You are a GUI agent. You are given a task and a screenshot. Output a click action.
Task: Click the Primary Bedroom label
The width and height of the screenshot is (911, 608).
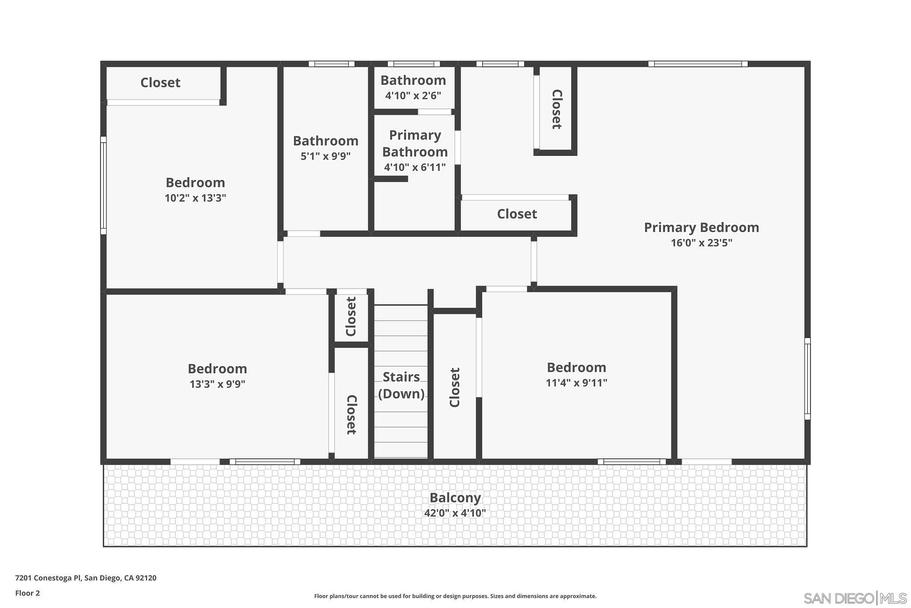[701, 228]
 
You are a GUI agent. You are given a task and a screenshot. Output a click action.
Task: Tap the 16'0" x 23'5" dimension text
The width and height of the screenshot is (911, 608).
[701, 243]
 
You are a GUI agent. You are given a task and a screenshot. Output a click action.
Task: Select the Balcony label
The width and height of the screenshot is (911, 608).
[455, 498]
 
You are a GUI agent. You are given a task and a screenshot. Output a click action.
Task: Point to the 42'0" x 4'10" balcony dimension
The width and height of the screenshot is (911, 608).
[455, 513]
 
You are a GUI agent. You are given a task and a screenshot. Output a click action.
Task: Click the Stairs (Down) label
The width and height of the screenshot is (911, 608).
[401, 385]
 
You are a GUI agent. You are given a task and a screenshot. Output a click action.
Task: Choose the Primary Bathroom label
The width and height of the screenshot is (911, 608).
[415, 143]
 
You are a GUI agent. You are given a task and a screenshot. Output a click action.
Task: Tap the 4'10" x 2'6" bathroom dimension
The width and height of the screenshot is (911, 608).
[413, 95]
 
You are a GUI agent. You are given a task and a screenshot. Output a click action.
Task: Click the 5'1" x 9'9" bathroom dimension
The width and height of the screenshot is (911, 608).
[326, 156]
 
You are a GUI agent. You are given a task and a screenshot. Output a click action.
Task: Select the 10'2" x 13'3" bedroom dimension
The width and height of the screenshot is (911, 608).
[195, 198]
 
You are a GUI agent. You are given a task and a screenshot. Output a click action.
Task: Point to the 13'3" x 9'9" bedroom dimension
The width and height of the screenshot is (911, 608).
[218, 384]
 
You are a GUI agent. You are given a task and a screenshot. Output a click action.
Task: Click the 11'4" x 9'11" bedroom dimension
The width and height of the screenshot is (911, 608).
[576, 383]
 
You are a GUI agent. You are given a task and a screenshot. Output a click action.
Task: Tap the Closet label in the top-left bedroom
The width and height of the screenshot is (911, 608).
[160, 83]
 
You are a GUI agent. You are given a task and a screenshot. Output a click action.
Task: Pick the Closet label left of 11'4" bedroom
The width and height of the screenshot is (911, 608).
[455, 387]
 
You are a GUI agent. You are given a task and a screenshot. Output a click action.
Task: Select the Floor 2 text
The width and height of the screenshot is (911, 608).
[28, 593]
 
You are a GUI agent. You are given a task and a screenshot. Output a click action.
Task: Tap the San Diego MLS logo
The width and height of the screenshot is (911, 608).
[855, 598]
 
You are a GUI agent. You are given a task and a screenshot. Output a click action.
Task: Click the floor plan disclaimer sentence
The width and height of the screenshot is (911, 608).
[455, 596]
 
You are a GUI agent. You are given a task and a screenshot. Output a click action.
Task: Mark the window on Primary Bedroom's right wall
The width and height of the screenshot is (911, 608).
[807, 379]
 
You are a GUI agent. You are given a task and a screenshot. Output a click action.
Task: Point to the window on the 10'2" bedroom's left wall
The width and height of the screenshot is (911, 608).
[104, 185]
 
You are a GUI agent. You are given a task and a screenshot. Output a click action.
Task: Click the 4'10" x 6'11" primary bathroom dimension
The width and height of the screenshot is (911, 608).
[415, 167]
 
